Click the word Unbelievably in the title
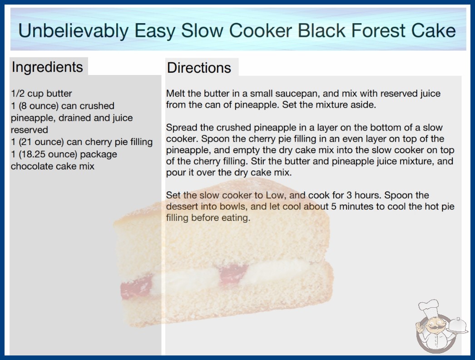pyautogui.click(x=73, y=31)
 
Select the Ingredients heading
pyautogui.click(x=47, y=67)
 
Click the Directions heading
pyautogui.click(x=199, y=68)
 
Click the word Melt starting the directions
pyautogui.click(x=175, y=94)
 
